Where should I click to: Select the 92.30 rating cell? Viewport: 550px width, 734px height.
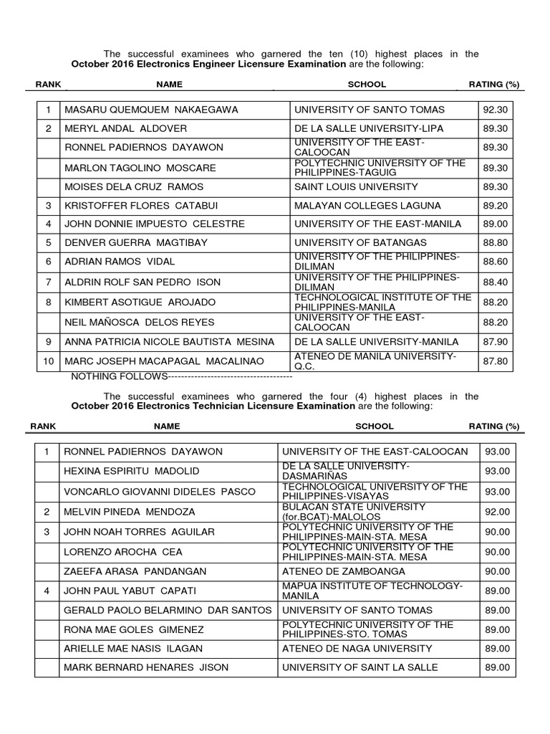pos(495,110)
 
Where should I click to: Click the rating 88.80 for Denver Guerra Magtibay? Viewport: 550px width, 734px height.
pos(495,243)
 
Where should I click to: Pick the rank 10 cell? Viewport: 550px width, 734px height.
pos(48,361)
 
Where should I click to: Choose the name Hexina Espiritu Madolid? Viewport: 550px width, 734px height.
pos(132,471)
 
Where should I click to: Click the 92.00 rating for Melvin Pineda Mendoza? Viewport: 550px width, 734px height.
pos(497,512)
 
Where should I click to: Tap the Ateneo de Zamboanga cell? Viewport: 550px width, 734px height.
pos(344,571)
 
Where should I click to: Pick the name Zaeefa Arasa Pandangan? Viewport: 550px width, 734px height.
pos(135,571)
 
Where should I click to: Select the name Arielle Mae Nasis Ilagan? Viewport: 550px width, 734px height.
pos(133,648)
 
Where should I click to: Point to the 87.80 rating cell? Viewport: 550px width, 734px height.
pos(495,361)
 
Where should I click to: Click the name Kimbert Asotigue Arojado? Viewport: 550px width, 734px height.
pos(140,302)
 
